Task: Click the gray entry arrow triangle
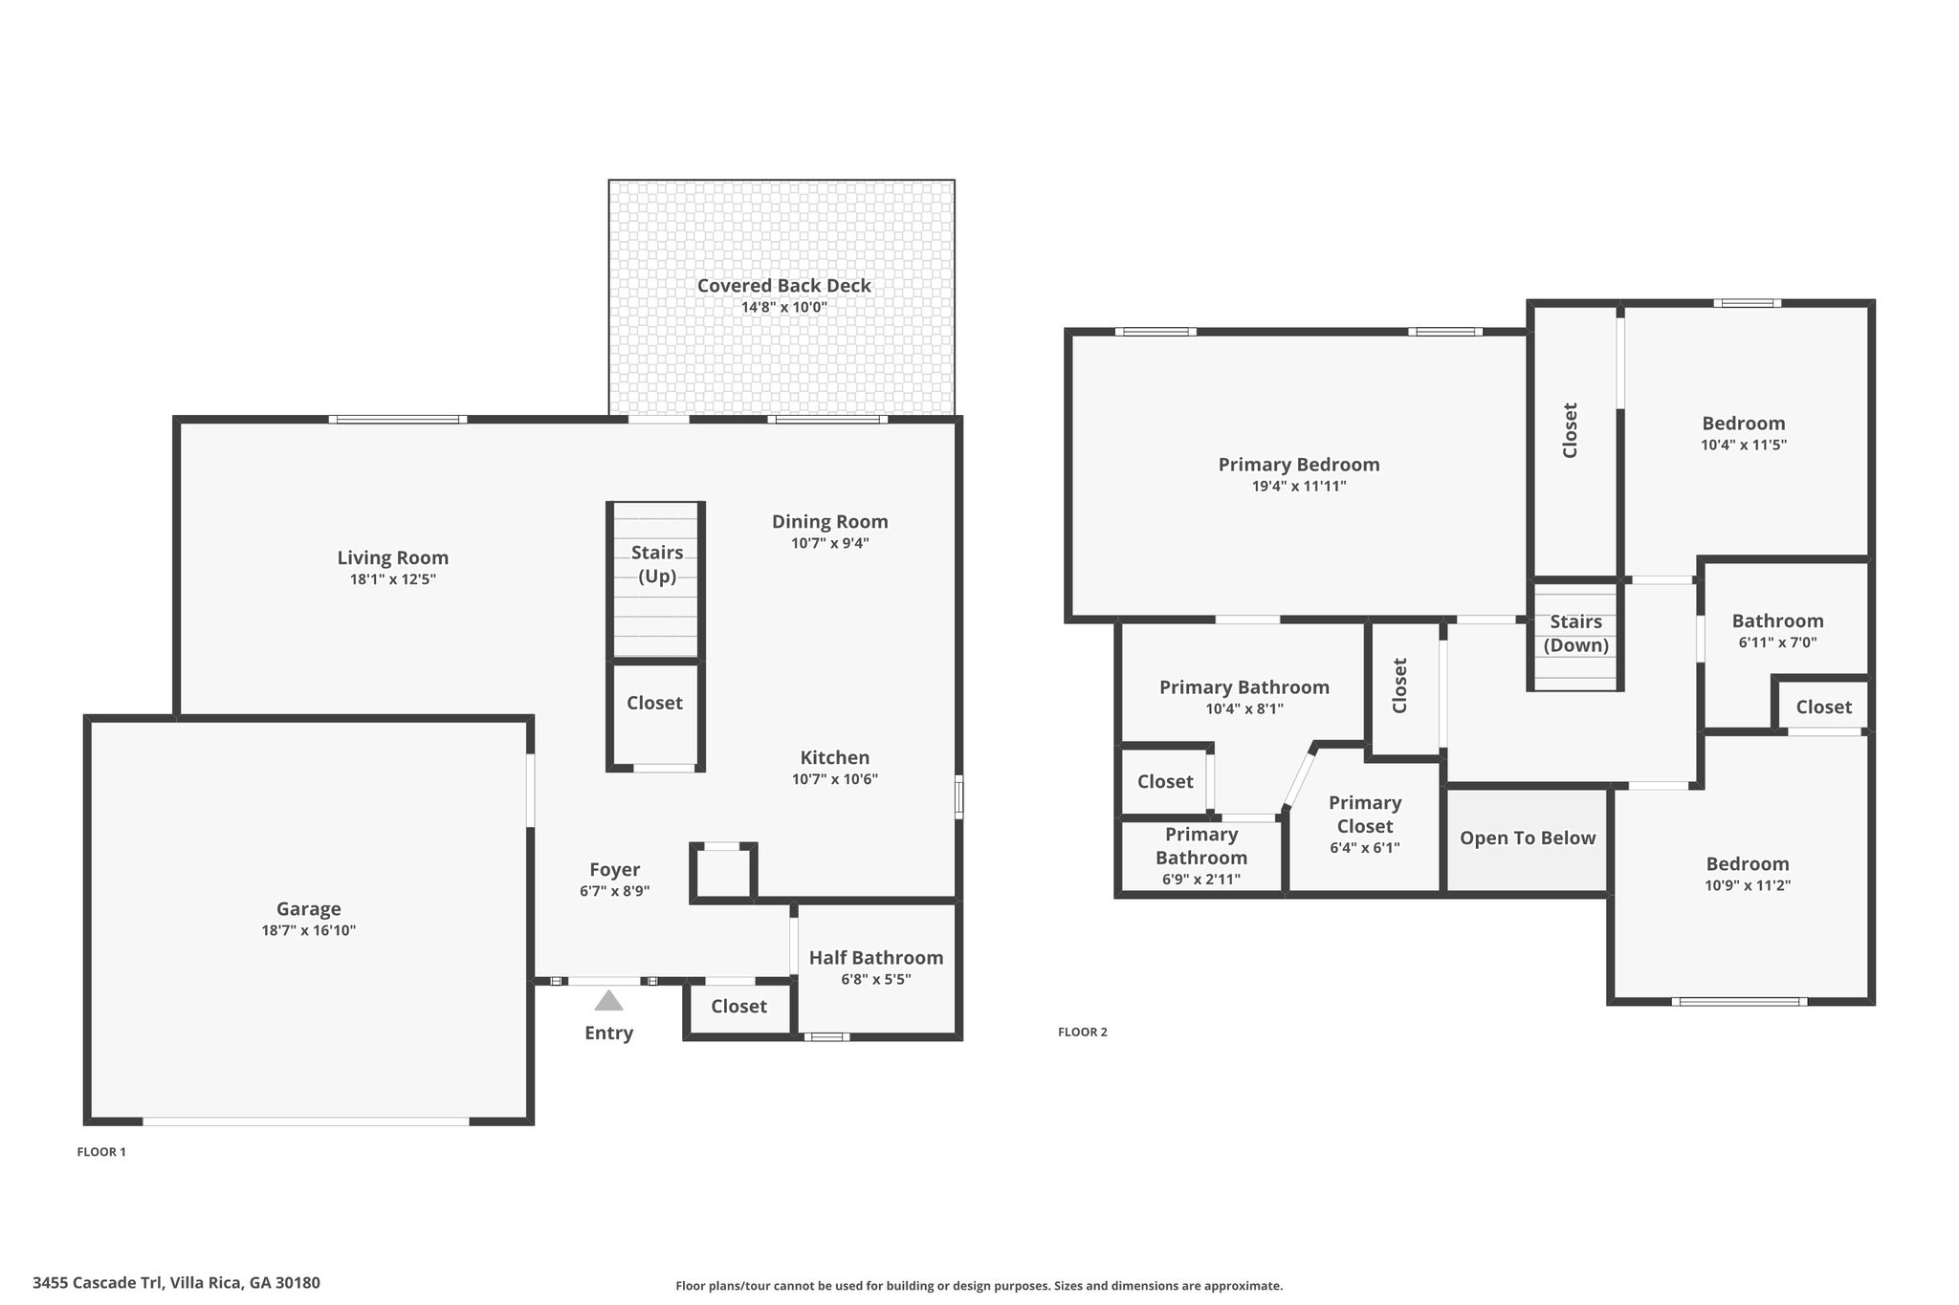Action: pos(608,1000)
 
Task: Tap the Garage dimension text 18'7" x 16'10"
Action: pos(309,930)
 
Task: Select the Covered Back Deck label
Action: pos(784,285)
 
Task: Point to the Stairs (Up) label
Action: pos(657,564)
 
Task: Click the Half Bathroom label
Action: pos(876,957)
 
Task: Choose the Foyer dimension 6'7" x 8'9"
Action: pos(615,891)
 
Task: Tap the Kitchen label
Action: pos(835,757)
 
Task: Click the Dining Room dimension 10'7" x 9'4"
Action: pos(830,543)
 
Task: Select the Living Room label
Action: pos(393,557)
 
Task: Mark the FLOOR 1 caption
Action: pos(101,1152)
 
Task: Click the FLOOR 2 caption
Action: pos(1083,1032)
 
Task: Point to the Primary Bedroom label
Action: pos(1299,465)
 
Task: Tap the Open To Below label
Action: pos(1528,838)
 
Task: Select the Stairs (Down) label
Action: pos(1576,633)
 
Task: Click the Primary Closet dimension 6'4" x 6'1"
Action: pos(1365,848)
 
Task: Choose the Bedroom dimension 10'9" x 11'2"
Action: pos(1748,885)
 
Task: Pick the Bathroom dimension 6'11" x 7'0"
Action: pos(1778,642)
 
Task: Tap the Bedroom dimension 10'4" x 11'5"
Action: pos(1744,445)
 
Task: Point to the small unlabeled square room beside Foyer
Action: pos(723,873)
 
